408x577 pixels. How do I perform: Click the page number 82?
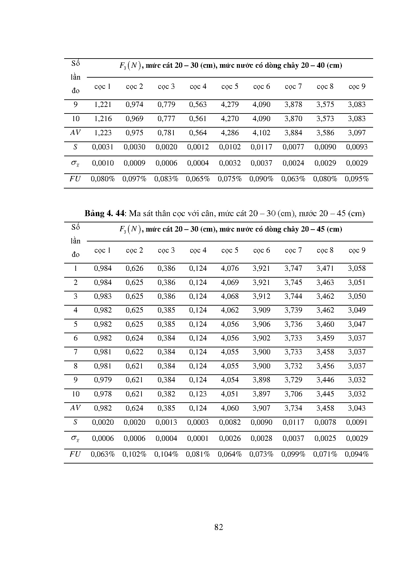click(x=218, y=527)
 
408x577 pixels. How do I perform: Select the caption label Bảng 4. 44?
click(x=105, y=213)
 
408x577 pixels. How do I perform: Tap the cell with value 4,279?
click(x=230, y=105)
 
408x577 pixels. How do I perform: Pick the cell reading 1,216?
click(x=103, y=119)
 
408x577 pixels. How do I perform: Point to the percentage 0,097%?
click(x=134, y=179)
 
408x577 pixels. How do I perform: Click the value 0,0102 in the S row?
click(x=230, y=147)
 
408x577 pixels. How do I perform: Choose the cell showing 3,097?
click(x=357, y=133)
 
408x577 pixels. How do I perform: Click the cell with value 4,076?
click(x=230, y=268)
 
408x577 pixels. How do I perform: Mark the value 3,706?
click(x=293, y=394)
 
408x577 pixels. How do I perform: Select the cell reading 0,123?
click(x=198, y=394)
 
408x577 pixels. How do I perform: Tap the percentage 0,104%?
click(x=166, y=454)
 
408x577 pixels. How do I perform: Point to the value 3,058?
click(x=357, y=268)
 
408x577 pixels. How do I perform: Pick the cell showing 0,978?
click(x=103, y=394)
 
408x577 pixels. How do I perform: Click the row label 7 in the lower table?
click(x=75, y=352)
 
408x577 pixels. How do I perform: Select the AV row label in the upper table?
click(x=75, y=133)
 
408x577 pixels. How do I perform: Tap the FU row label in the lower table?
click(x=75, y=454)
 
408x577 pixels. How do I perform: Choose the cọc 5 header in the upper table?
click(x=230, y=87)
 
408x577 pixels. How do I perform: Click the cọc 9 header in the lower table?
click(x=357, y=250)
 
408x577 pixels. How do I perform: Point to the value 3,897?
click(x=261, y=394)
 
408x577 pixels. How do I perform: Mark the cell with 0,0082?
click(x=230, y=422)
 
